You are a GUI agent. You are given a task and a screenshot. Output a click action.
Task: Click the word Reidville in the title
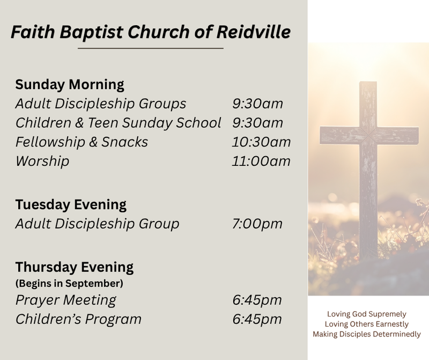tap(253, 32)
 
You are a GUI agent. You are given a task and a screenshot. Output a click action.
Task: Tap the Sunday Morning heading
tap(70, 85)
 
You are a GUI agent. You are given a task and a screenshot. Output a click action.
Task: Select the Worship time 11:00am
tap(261, 161)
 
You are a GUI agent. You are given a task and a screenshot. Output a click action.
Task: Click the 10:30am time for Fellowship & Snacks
tap(261, 142)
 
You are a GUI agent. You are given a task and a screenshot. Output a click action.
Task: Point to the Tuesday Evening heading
tap(71, 205)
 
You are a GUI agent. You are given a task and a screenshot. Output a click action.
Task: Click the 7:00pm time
tap(257, 224)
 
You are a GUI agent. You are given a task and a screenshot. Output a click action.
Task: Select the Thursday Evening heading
tap(75, 268)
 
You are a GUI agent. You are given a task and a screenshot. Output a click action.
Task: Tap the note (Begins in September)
tap(69, 283)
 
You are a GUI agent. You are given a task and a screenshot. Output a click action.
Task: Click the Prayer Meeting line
tap(65, 300)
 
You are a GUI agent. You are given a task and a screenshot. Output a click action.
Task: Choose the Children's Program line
tap(78, 319)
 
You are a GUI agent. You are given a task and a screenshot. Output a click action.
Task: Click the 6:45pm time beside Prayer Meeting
tap(257, 300)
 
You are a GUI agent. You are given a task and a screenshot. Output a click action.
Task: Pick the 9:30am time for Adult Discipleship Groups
tap(257, 104)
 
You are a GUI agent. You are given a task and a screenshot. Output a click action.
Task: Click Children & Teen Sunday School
tap(118, 123)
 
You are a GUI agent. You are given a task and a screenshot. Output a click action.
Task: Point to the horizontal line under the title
tap(151, 48)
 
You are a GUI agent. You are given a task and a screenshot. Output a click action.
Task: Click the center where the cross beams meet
tap(368, 136)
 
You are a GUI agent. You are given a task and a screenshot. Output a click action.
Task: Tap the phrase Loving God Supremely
tap(367, 314)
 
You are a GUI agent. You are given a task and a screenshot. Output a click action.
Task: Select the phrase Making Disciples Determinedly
tap(367, 334)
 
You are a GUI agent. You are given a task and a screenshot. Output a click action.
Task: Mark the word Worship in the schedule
tap(42, 161)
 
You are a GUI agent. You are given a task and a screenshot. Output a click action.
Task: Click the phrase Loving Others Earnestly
tap(367, 324)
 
